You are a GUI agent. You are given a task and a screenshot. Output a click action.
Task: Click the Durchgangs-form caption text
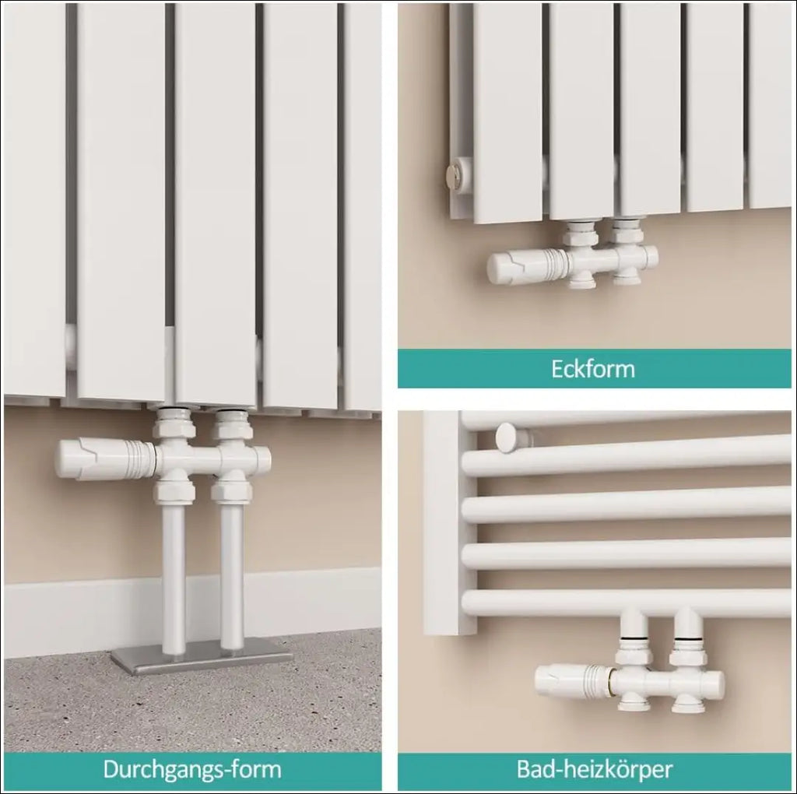pos(192,769)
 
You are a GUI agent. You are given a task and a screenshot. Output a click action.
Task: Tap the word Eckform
pos(593,368)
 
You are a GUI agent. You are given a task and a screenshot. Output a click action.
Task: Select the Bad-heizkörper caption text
pos(594,769)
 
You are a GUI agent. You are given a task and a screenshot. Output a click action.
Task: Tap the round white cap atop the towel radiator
pos(508,437)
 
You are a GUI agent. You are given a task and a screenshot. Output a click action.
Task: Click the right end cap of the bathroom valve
pos(717,683)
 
